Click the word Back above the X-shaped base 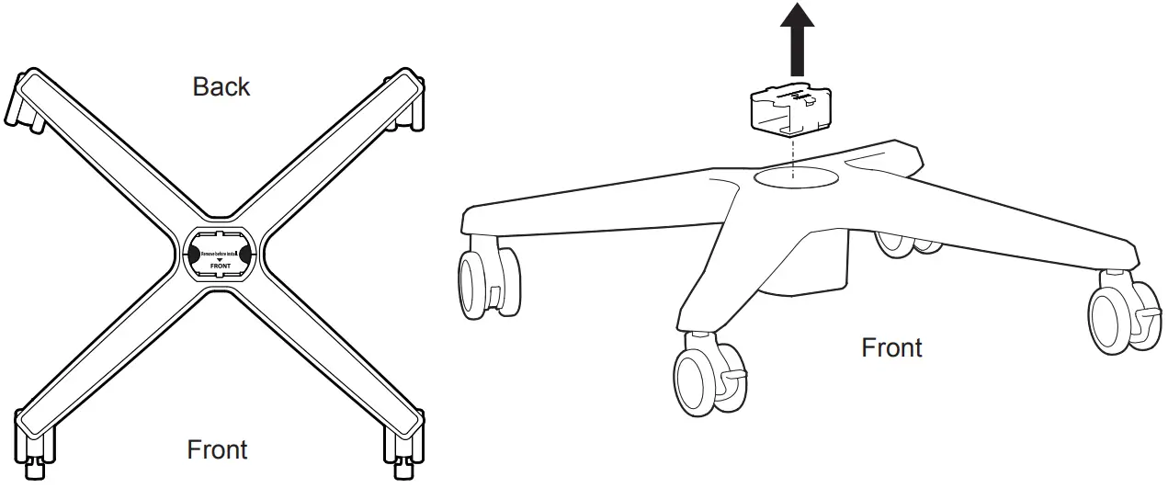[x=221, y=86]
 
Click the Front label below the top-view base [x=217, y=450]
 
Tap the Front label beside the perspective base [x=891, y=348]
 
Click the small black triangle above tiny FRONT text [x=218, y=260]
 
